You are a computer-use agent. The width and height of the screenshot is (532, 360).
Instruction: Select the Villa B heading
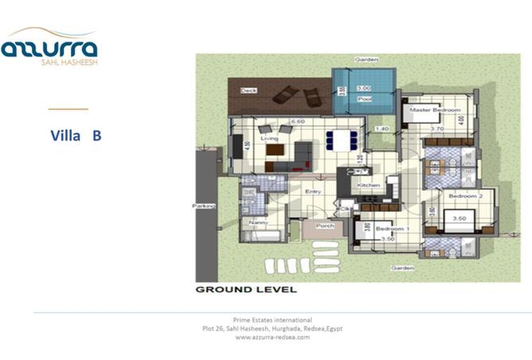(76, 135)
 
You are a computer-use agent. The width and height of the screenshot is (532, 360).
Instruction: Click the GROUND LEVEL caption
(246, 289)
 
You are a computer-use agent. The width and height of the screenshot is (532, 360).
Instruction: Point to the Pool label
(365, 100)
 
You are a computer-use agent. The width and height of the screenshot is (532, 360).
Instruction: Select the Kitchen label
(368, 185)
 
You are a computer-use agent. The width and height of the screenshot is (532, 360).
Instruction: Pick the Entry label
(313, 191)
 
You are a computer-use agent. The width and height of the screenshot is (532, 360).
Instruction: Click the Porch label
(325, 226)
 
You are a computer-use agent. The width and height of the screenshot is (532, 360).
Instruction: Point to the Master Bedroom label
(436, 109)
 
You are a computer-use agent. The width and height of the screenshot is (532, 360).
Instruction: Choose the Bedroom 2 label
(462, 195)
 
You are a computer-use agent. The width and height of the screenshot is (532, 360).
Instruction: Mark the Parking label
(204, 205)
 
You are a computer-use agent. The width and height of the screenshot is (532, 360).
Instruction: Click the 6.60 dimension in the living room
(298, 121)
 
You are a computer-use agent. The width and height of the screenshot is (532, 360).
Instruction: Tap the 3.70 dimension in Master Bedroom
(437, 128)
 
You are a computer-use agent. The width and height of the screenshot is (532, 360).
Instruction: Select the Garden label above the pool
(366, 60)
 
